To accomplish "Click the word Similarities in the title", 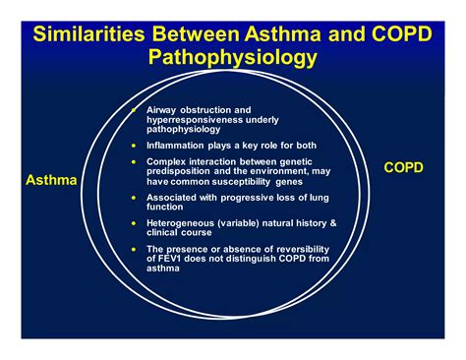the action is pyautogui.click(x=88, y=33).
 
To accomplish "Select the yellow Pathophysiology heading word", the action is pyautogui.click(x=233, y=57).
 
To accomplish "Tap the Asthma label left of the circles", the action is pyautogui.click(x=51, y=180).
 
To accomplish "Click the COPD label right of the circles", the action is pyautogui.click(x=403, y=167).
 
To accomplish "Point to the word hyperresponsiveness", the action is pyautogui.click(x=195, y=120).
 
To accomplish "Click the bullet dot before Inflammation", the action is pyautogui.click(x=134, y=146).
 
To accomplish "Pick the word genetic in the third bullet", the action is pyautogui.click(x=296, y=161).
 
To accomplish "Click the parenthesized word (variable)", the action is pyautogui.click(x=238, y=223).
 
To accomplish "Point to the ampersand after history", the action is pyautogui.click(x=333, y=223).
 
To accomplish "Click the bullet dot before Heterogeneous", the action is pyautogui.click(x=134, y=223).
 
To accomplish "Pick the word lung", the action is pyautogui.click(x=320, y=198).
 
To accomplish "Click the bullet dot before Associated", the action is pyautogui.click(x=134, y=198).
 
